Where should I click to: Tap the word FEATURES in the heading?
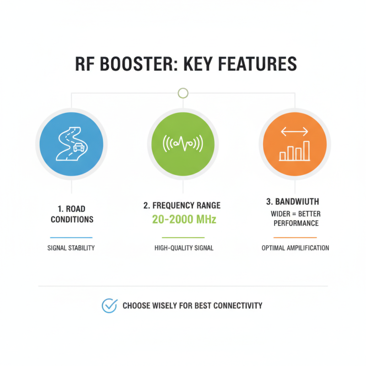tap(257, 64)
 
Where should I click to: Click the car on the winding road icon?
tap(79, 147)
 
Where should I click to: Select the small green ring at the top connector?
tap(183, 93)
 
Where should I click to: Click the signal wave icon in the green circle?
tap(183, 143)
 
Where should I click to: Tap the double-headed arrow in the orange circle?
tap(295, 131)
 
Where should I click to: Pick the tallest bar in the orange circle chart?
tap(306, 151)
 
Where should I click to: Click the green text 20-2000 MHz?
tap(184, 219)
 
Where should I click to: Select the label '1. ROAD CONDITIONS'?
tap(72, 214)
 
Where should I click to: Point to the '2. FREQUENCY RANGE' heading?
tap(182, 205)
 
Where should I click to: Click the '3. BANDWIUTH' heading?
tap(292, 202)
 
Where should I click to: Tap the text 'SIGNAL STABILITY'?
tap(71, 248)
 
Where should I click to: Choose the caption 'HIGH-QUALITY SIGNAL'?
tap(184, 248)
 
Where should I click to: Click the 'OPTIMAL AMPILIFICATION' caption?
tap(295, 248)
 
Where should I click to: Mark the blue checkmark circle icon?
tap(109, 306)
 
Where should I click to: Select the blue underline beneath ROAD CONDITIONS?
tap(71, 237)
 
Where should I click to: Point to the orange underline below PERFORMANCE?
tap(295, 237)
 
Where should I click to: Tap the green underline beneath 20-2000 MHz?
tap(183, 237)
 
